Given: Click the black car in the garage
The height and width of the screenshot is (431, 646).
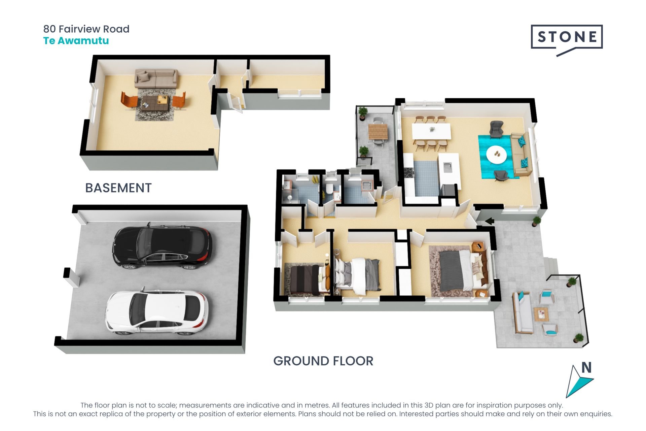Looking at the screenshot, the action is (163, 246).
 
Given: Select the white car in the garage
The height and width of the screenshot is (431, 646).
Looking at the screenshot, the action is (157, 312).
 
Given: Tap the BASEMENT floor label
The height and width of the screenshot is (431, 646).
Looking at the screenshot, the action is (118, 188).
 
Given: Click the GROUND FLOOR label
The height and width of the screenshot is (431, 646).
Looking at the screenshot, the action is (323, 361).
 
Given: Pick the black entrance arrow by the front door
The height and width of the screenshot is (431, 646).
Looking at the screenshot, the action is (490, 221).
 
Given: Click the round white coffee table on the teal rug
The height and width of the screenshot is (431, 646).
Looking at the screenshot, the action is (496, 155).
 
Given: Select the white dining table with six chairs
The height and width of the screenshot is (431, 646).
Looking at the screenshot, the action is (431, 131).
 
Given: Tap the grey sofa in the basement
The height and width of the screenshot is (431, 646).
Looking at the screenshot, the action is (156, 78).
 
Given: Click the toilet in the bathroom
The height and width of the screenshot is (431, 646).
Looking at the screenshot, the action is (329, 189).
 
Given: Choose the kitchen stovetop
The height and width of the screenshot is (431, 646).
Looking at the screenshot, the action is (409, 172).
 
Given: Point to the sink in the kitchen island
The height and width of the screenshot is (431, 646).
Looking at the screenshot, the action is (448, 166).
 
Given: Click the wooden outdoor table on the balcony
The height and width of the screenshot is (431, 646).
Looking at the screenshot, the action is (378, 132).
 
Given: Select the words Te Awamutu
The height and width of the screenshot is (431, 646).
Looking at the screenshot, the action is (76, 41).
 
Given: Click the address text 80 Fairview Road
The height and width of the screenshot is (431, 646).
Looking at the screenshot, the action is (86, 29).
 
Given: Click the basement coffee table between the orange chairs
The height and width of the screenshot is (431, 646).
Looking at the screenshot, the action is (154, 102).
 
